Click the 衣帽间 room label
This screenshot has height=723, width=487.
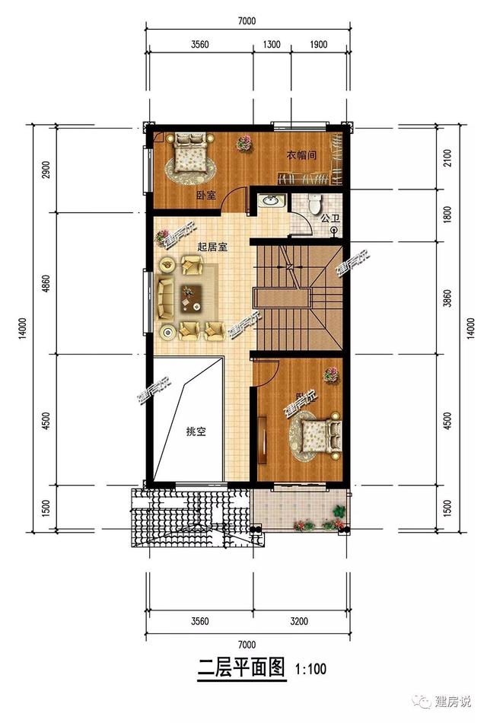301,154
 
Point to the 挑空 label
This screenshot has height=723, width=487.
196,432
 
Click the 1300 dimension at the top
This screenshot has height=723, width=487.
271,45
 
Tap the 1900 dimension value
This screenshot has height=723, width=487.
318,45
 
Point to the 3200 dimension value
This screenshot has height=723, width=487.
299,622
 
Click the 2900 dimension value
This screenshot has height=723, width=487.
45,170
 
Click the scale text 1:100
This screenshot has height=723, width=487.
310,670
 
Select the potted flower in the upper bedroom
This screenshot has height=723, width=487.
243,142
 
